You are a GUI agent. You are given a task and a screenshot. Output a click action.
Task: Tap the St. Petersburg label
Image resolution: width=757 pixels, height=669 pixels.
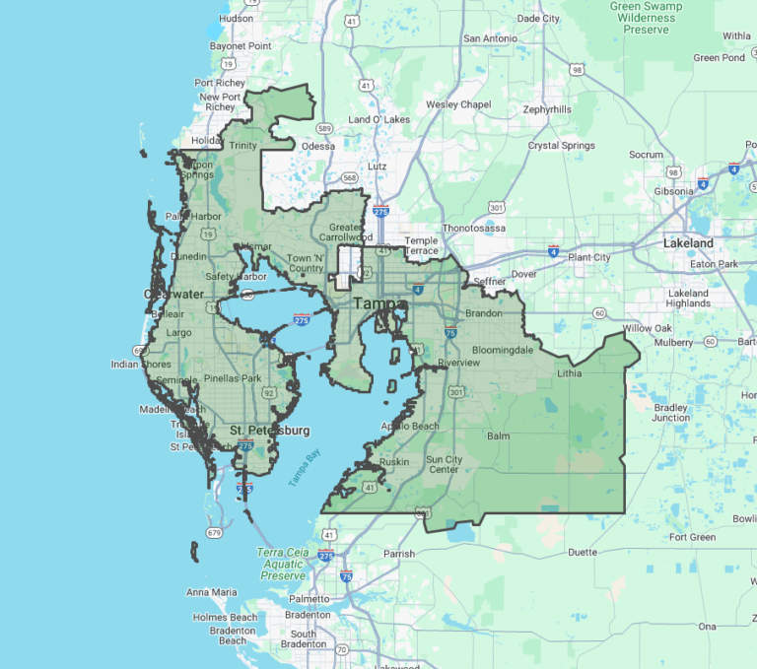click(x=269, y=431)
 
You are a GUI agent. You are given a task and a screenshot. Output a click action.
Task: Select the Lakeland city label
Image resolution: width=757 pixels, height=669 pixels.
click(x=688, y=242)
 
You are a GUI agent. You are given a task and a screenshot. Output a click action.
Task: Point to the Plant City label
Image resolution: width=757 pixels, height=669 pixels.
click(x=588, y=257)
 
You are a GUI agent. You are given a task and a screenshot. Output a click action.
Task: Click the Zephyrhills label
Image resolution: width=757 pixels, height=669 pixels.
click(x=547, y=109)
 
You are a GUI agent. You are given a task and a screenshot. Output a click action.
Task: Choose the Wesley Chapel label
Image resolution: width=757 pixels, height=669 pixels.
click(x=458, y=104)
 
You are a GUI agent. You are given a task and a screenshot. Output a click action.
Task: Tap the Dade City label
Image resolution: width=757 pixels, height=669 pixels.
click(x=538, y=18)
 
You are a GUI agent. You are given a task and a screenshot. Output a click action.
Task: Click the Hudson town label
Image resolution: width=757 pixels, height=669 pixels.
click(x=237, y=18)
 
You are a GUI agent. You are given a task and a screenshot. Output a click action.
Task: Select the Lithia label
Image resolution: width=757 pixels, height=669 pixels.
click(x=569, y=373)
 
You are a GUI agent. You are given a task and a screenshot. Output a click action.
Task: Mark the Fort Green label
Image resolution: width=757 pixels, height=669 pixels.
click(x=692, y=537)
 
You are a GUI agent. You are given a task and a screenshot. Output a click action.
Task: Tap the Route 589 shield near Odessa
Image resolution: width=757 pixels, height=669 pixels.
click(x=323, y=127)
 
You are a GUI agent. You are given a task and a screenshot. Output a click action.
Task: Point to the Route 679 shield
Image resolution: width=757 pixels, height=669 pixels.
click(x=213, y=533)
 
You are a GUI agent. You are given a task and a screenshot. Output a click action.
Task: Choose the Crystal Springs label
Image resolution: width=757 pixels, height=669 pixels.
click(x=562, y=146)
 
